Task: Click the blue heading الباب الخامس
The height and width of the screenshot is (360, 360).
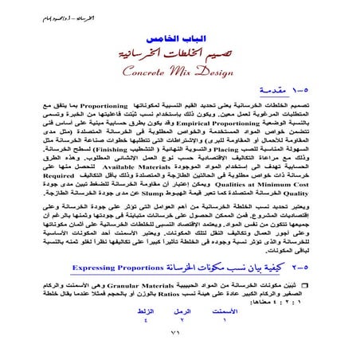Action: (180, 37)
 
